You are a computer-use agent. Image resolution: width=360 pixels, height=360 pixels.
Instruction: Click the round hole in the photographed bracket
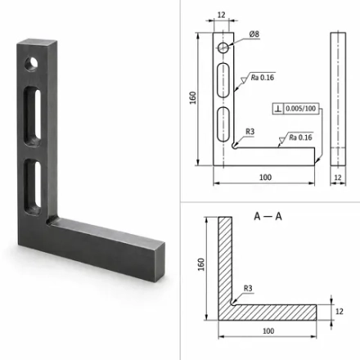[x=31, y=64]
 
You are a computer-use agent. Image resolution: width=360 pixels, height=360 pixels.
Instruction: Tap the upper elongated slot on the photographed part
[x=33, y=116]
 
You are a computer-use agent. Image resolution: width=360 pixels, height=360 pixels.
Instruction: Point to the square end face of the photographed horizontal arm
[x=160, y=262]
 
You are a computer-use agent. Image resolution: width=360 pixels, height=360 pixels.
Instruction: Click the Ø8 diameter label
[x=254, y=34]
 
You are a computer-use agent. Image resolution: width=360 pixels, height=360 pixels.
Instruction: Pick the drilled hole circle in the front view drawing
[x=223, y=47]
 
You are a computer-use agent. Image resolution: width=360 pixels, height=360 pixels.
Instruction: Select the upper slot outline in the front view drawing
[x=223, y=80]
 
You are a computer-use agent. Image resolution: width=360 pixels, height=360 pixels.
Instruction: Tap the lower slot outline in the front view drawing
[x=223, y=124]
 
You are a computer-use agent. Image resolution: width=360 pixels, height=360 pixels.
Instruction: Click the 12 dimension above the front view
[x=222, y=15]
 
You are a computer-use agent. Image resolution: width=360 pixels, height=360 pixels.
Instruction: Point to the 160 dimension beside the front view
[x=192, y=97]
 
